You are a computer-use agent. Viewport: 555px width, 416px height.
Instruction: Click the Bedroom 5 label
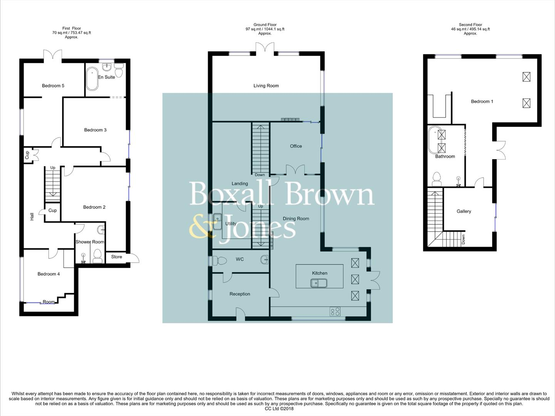[x=53, y=86]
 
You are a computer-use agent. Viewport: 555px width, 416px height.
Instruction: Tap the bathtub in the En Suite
[x=92, y=79]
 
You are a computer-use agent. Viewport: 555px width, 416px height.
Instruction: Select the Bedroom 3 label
[x=95, y=130]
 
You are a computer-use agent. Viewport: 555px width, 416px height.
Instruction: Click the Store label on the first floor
[x=116, y=257]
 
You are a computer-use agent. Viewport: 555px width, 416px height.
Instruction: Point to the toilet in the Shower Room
[x=97, y=256]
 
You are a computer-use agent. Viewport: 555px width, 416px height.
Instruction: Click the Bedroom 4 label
[x=49, y=274]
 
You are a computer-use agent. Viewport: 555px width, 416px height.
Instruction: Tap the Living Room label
[x=266, y=86]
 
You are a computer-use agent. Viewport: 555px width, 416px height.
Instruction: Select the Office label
[x=296, y=146]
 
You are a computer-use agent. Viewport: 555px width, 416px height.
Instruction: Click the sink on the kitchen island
[x=319, y=283]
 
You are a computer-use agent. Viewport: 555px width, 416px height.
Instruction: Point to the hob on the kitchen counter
[x=335, y=311]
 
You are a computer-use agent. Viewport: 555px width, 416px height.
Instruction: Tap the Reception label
[x=240, y=294]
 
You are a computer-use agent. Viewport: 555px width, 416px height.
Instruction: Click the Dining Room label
[x=296, y=218]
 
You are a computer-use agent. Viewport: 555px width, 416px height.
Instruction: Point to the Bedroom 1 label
[x=482, y=101]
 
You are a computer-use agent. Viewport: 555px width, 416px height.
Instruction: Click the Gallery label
[x=464, y=211]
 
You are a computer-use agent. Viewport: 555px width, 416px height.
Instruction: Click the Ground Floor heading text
[x=265, y=25]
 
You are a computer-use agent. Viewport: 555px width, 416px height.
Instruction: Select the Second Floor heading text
[x=470, y=25]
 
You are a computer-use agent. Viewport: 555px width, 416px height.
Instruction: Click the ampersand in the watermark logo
[x=201, y=226]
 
